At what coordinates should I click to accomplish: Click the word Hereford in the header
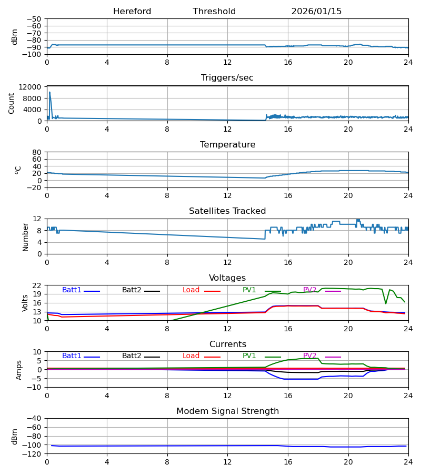[132, 12]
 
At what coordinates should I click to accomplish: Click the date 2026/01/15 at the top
[316, 12]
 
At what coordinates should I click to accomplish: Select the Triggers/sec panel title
[227, 78]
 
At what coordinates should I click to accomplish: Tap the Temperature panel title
[227, 145]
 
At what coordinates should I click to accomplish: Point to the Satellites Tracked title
[227, 211]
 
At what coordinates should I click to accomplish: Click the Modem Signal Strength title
[227, 411]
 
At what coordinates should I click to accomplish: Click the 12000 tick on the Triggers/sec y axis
[32, 87]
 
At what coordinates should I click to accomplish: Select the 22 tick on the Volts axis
[37, 285]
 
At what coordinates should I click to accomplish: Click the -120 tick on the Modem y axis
[34, 453]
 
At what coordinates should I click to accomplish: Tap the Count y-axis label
[12, 103]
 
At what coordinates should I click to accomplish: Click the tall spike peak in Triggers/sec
[49, 92]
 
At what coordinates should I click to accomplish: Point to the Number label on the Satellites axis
[26, 236]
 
